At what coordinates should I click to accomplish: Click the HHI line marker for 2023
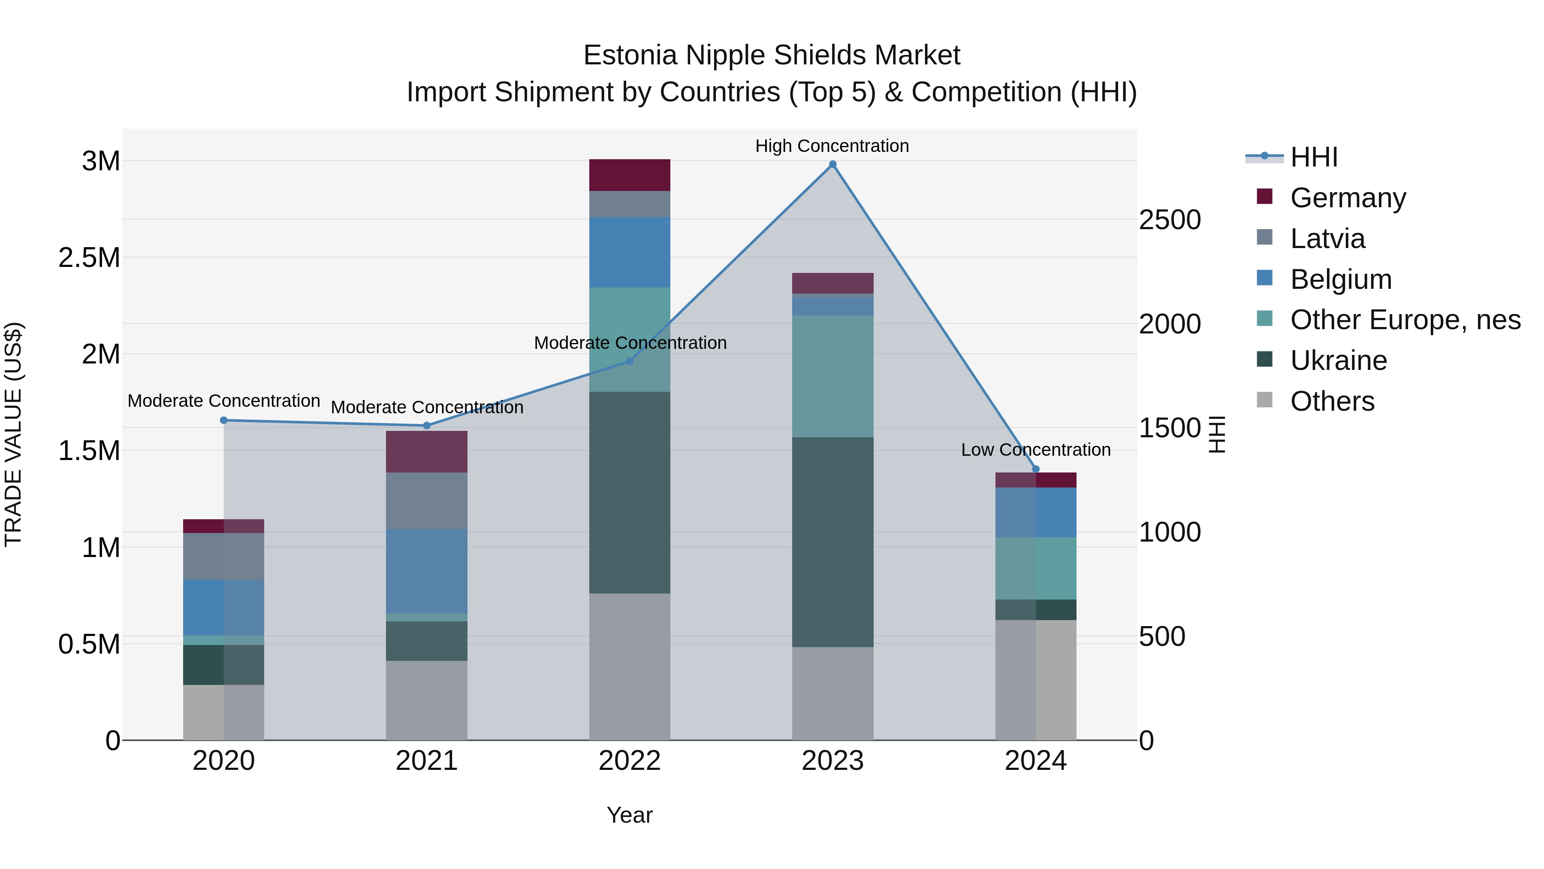point(832,164)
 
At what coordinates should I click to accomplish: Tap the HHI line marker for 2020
point(223,421)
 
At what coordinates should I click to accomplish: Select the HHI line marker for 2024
point(1036,469)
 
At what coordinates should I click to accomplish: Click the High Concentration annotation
point(832,146)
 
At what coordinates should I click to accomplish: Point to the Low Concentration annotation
point(1036,450)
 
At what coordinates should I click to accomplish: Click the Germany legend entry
point(1348,198)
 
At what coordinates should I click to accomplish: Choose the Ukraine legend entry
point(1339,360)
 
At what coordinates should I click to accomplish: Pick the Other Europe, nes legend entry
point(1405,320)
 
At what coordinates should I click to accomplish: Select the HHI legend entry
point(1314,157)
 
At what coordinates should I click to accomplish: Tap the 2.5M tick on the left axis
point(89,258)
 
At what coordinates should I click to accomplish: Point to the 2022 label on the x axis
point(629,761)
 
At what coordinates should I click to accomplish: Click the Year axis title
point(629,815)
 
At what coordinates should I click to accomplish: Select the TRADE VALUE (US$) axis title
point(13,434)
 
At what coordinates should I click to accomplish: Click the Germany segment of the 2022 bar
point(629,175)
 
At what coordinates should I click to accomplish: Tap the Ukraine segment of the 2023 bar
point(832,542)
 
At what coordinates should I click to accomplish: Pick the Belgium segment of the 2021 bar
point(426,571)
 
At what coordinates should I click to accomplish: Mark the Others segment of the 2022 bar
point(629,666)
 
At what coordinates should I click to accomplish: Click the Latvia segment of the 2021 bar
point(426,501)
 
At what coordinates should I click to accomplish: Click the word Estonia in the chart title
point(630,55)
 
